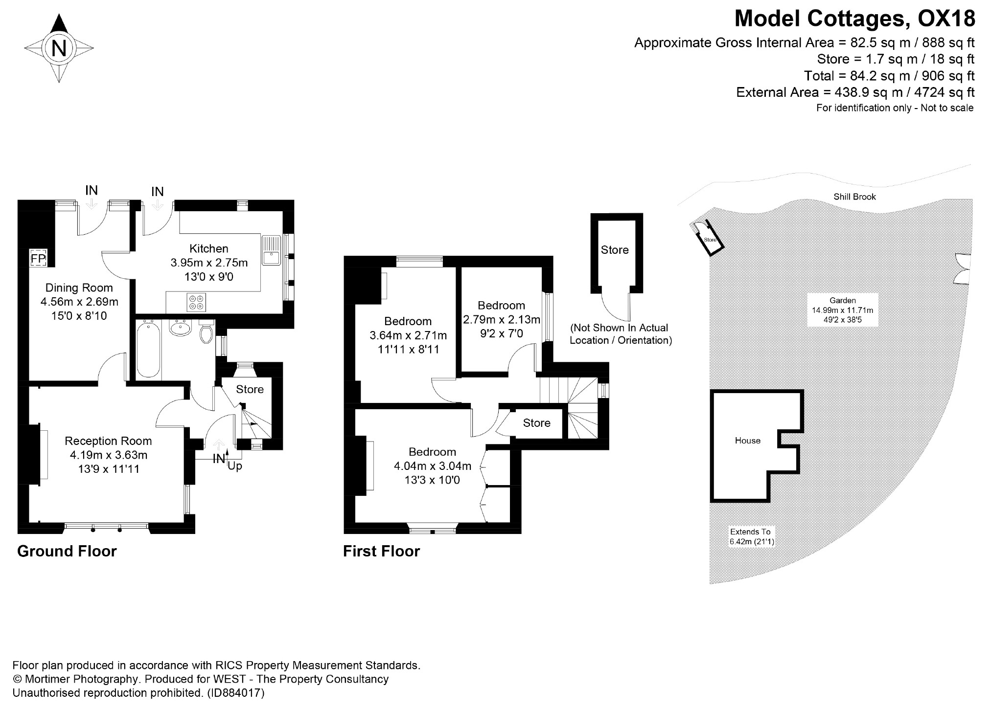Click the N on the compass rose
(59, 48)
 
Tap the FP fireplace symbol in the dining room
(38, 258)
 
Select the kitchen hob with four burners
(197, 302)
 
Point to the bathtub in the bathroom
(148, 349)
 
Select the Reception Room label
(108, 441)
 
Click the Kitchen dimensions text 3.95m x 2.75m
(209, 263)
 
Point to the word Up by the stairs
(235, 466)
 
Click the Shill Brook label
(854, 197)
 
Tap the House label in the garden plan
(747, 441)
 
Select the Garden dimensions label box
(842, 310)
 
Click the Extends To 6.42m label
(751, 536)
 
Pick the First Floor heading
(381, 551)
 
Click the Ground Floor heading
(67, 551)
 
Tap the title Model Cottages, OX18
(854, 19)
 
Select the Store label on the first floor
(536, 423)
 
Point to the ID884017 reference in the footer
(236, 693)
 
